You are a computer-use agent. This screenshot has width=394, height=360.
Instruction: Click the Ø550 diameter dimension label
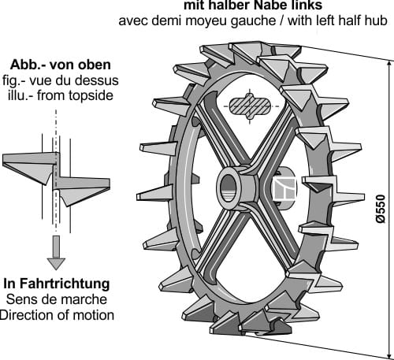(380, 209)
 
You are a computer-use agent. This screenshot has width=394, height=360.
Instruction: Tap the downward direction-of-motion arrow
(56, 253)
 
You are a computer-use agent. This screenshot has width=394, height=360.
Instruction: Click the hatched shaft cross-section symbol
(250, 106)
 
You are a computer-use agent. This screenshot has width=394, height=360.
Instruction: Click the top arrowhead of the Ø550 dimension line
(389, 65)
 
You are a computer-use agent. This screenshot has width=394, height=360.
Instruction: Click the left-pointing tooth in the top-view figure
(29, 167)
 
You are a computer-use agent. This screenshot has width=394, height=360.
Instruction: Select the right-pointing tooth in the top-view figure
(83, 190)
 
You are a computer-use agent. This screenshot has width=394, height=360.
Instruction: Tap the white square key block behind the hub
(284, 188)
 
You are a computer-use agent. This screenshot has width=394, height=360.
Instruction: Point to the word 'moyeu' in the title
(207, 21)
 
